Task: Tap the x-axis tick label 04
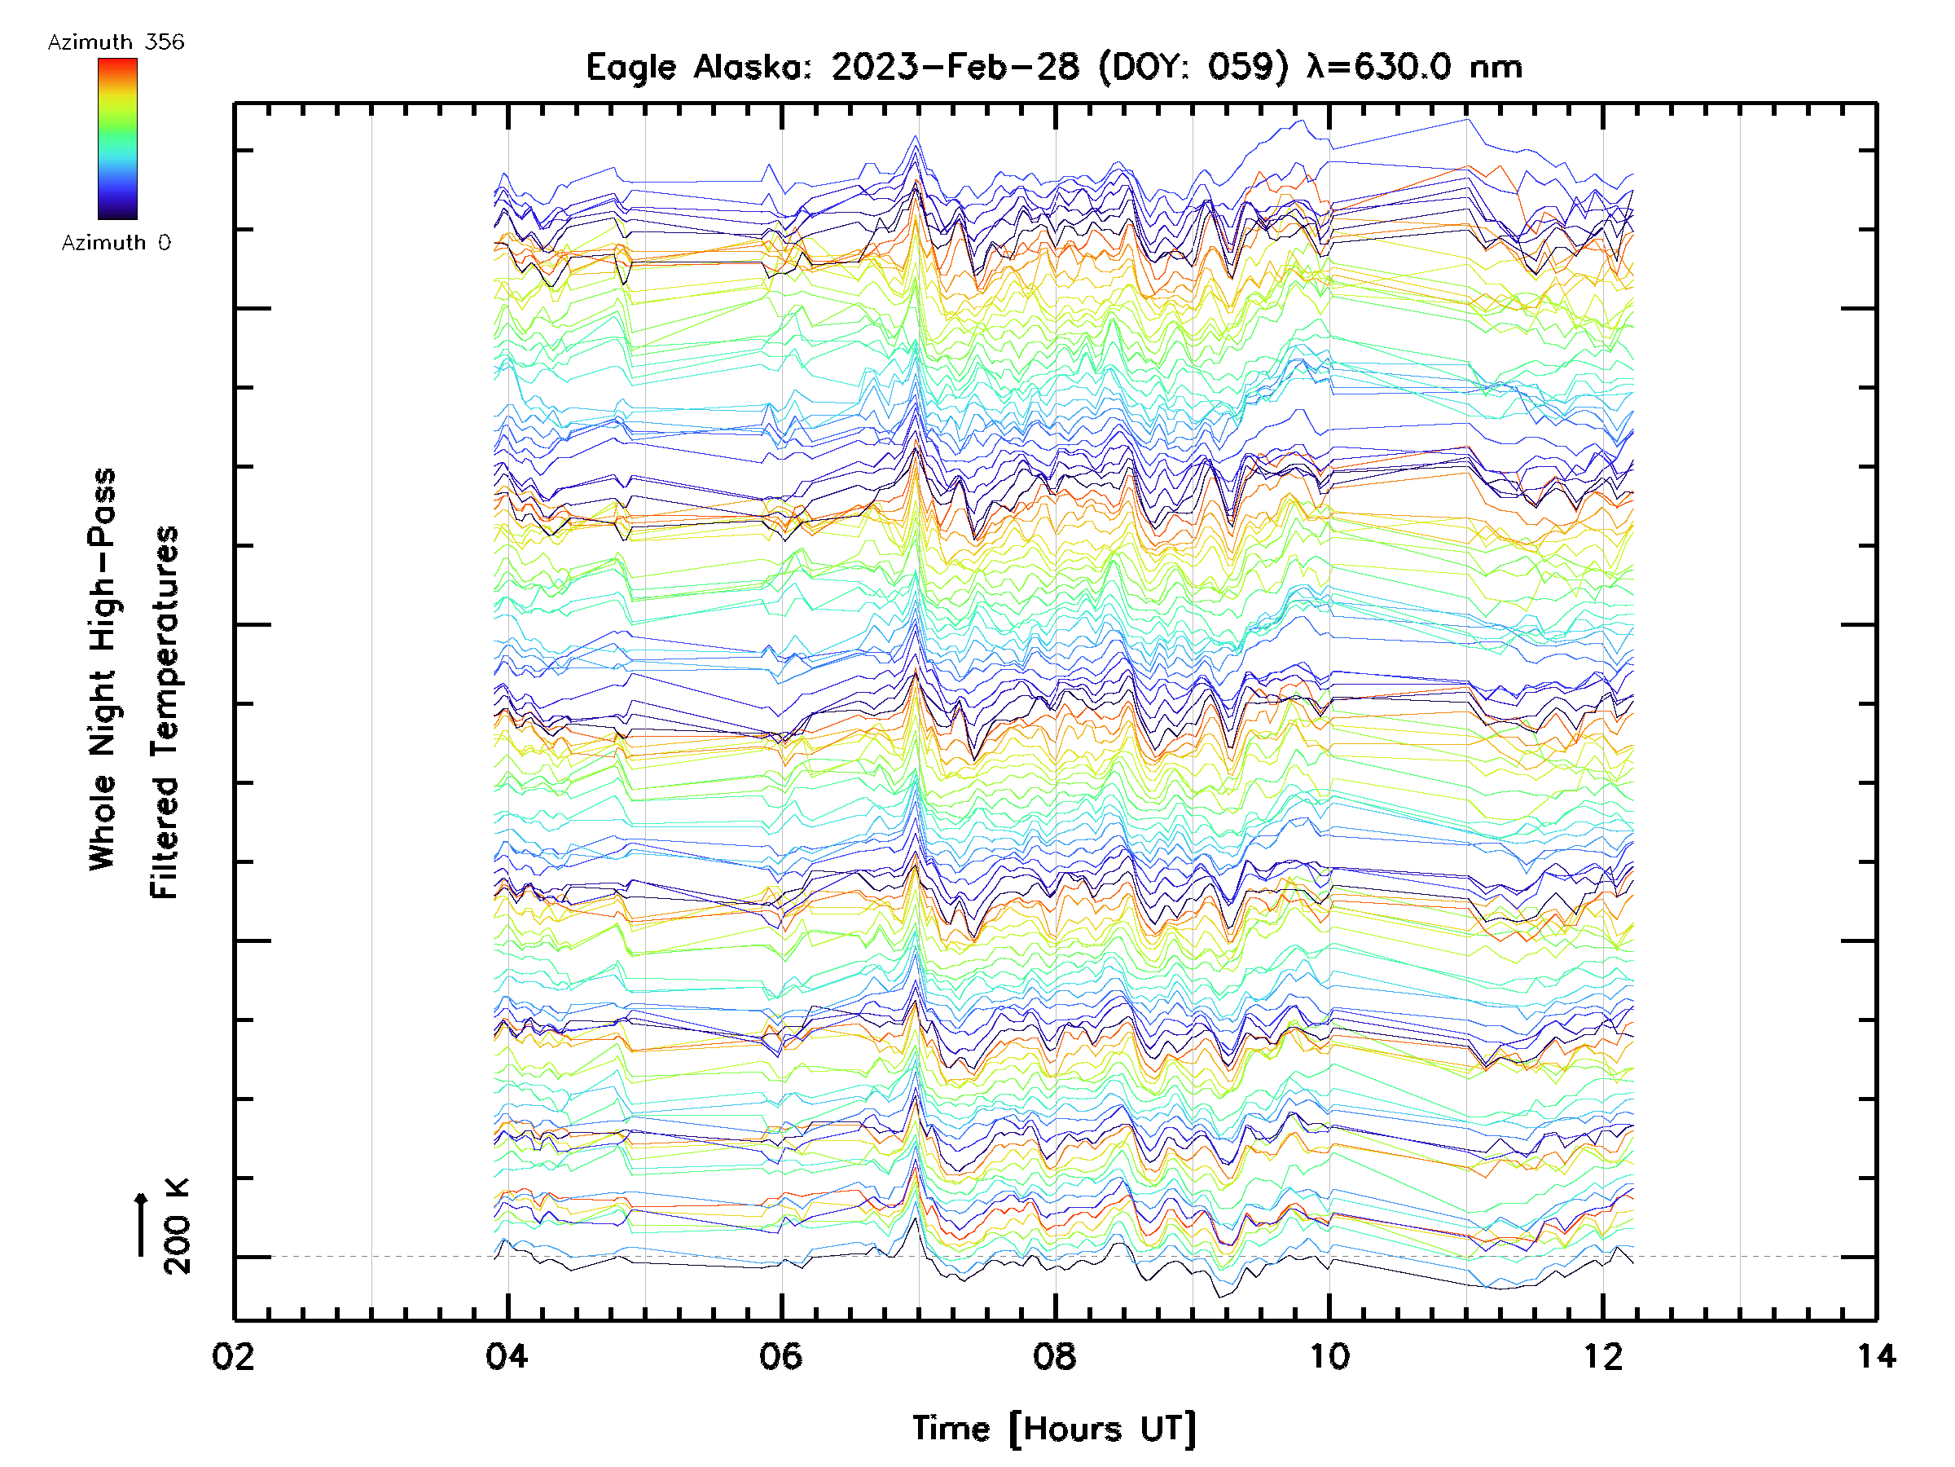[x=507, y=1355]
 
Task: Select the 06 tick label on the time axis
[x=781, y=1355]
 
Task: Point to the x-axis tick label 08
[x=1054, y=1355]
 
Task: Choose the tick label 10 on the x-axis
[x=1329, y=1355]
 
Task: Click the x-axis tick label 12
[x=1602, y=1355]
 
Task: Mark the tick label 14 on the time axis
[x=1875, y=1355]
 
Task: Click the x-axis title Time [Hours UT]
[x=1054, y=1429]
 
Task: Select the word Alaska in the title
[x=751, y=67]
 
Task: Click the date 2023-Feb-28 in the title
[x=956, y=67]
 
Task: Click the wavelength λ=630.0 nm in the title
[x=1414, y=67]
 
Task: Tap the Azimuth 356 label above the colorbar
[x=116, y=42]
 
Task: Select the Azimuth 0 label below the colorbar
[x=116, y=242]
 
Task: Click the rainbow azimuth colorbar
[x=117, y=139]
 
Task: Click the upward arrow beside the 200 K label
[x=141, y=1224]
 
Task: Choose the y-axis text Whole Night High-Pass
[x=103, y=668]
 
